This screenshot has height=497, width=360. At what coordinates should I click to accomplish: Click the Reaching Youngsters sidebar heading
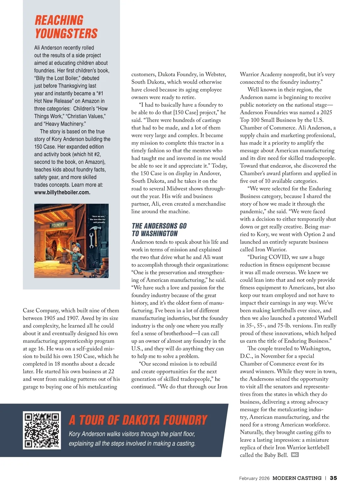(66, 27)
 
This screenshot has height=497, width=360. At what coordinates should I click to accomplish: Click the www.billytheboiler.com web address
(62, 193)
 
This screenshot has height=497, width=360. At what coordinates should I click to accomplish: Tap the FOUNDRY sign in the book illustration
(58, 225)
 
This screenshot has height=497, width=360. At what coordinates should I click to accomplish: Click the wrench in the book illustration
(91, 240)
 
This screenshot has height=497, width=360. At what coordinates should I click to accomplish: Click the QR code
(42, 430)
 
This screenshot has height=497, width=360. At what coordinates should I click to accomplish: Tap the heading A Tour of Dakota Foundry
(138, 420)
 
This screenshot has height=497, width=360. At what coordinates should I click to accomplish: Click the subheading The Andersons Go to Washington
(159, 230)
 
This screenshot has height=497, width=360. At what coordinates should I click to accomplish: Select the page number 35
(333, 478)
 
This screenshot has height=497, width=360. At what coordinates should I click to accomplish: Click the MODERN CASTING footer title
(297, 478)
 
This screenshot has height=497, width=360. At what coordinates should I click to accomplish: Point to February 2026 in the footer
(254, 478)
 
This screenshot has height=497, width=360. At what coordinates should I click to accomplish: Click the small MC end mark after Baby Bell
(295, 455)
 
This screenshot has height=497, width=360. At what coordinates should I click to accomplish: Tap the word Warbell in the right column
(326, 318)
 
